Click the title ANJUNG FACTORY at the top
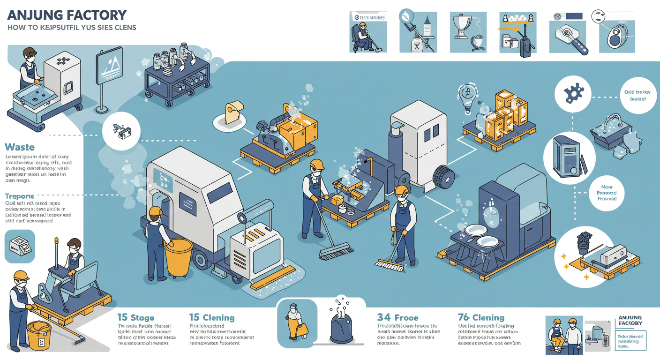pos(67,15)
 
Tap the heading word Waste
pos(19,147)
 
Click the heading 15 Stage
pos(135,318)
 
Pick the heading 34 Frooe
pos(397,318)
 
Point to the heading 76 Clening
pos(481,318)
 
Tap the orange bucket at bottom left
pos(38,334)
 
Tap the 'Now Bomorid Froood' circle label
pos(607,193)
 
